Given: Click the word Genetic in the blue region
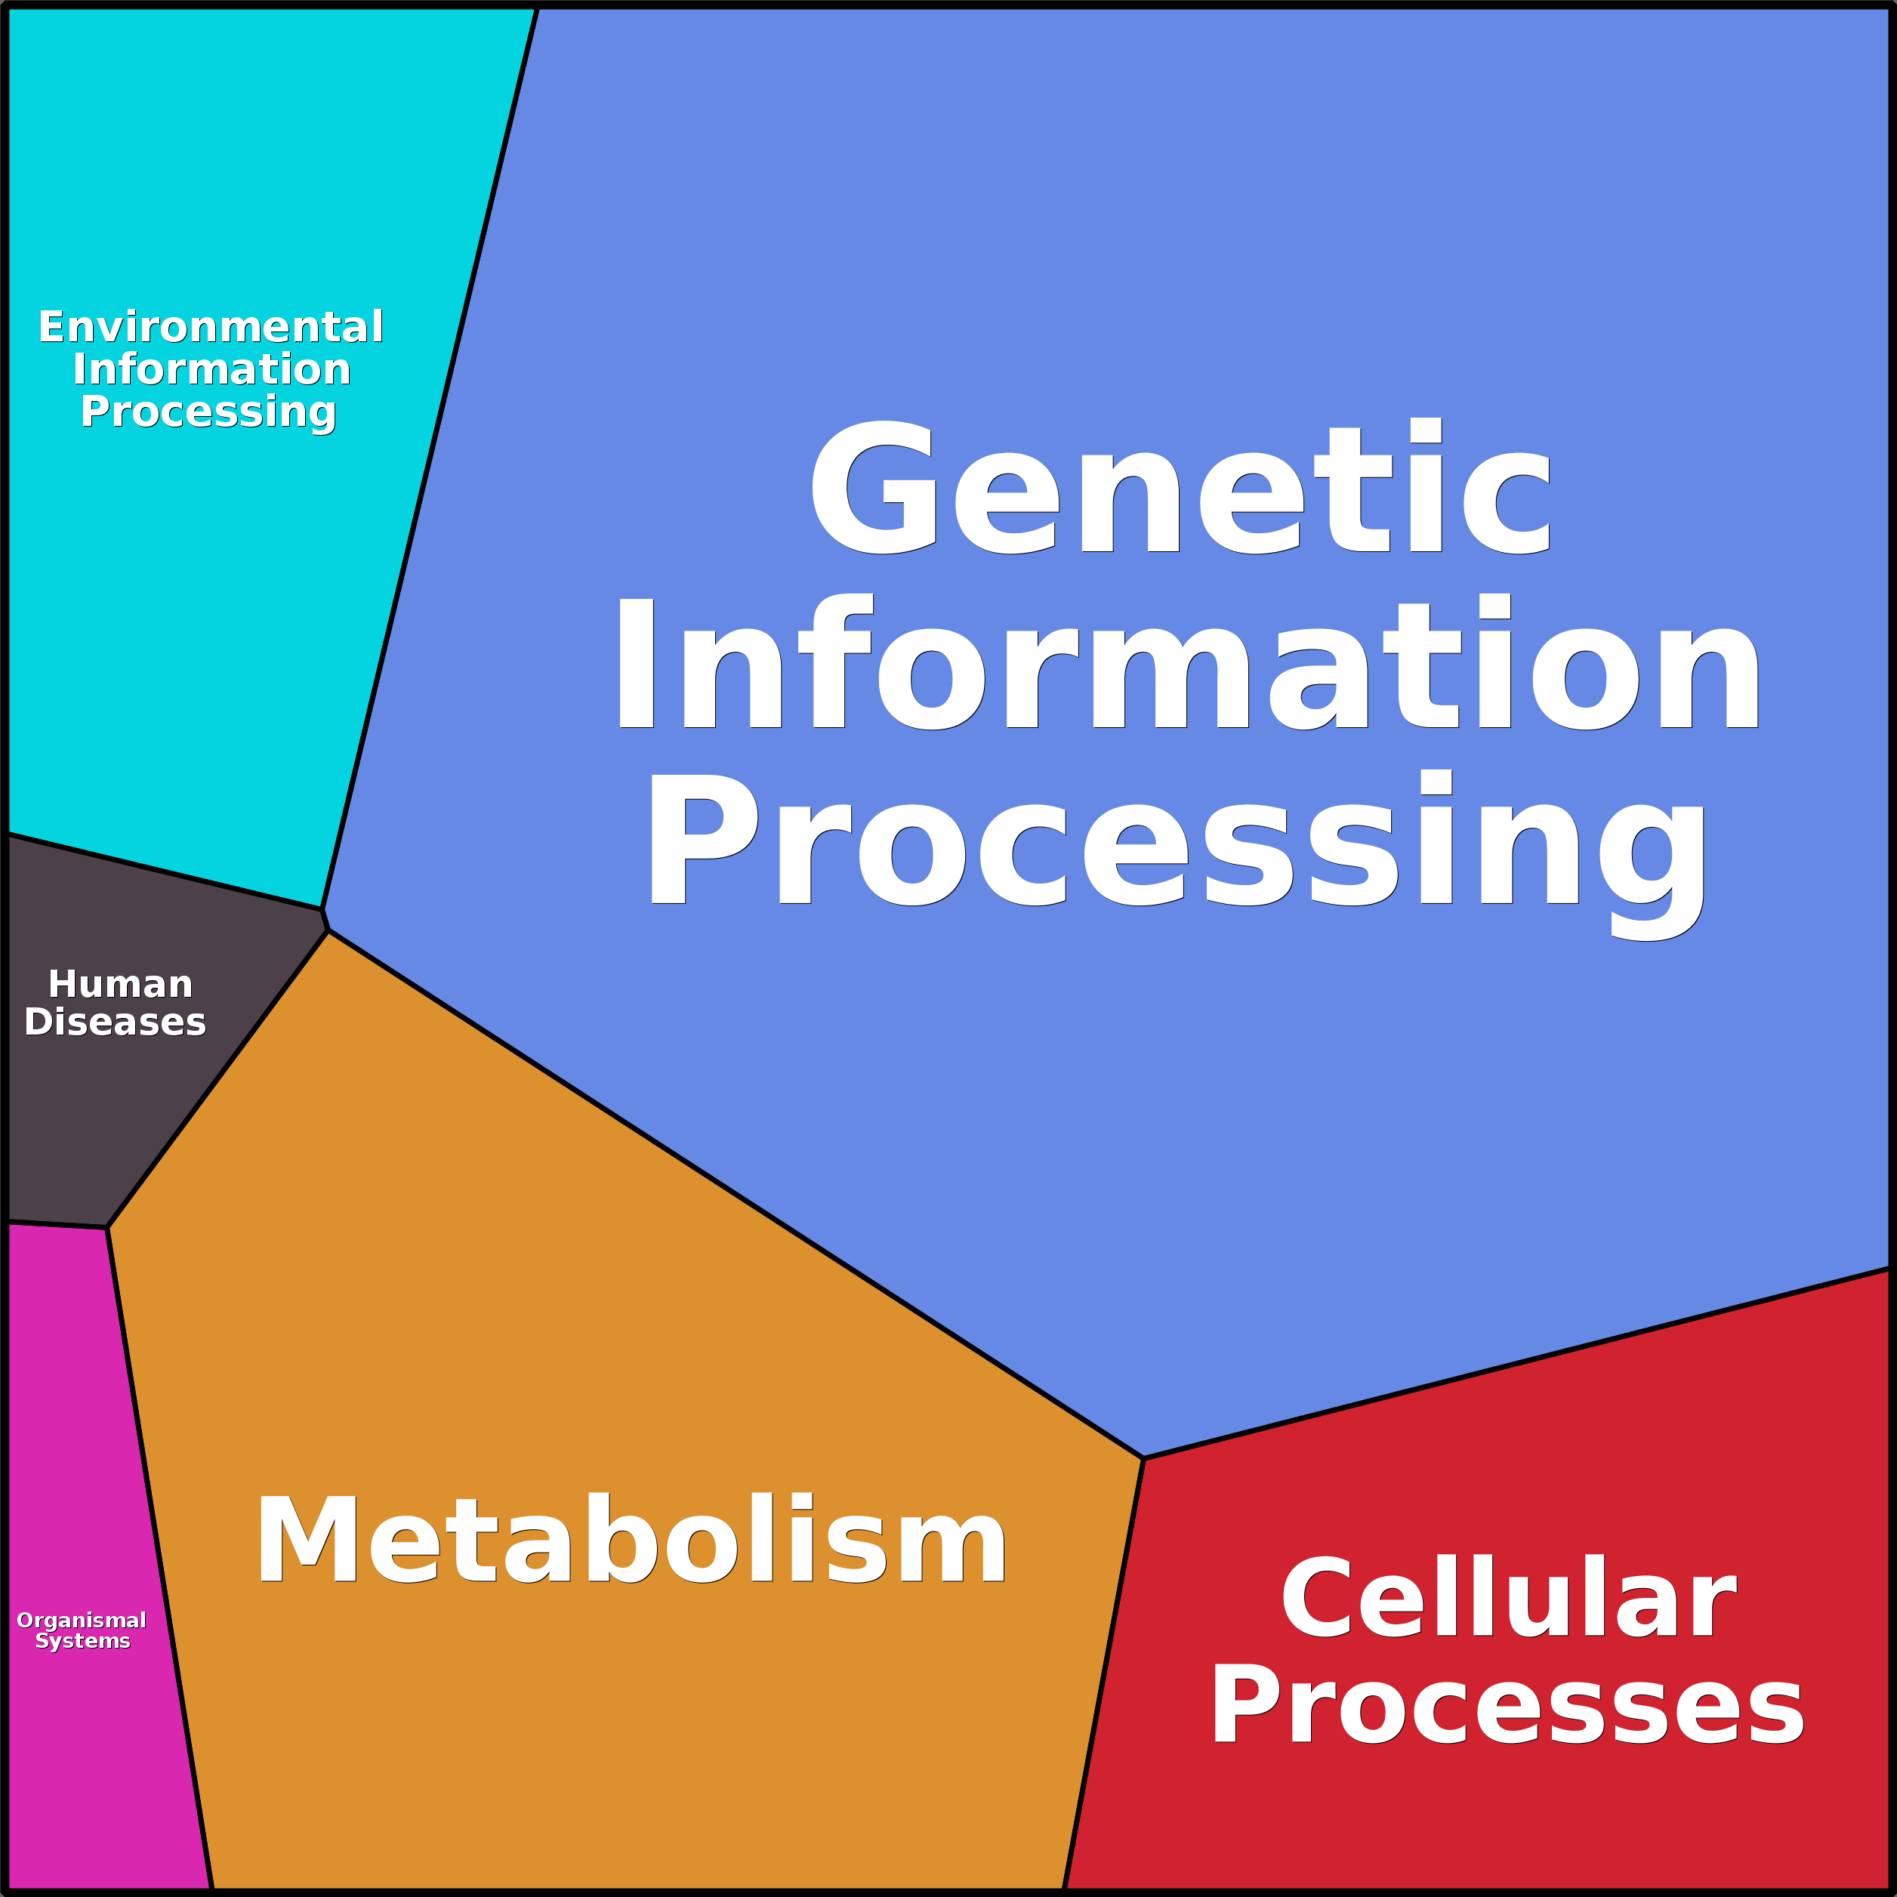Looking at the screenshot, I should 1180,488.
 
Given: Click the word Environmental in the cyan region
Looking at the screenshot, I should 210,327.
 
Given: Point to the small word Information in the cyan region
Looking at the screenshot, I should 211,369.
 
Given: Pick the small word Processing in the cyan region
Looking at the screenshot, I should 208,412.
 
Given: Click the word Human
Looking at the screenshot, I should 120,984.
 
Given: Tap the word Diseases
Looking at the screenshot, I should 115,1023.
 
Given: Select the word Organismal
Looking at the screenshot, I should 82,1619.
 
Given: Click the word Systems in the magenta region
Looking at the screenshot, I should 82,1641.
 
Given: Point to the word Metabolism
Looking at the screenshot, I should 631,1541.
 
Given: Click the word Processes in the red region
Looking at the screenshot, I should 1507,1707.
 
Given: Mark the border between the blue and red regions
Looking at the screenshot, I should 1517,1364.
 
